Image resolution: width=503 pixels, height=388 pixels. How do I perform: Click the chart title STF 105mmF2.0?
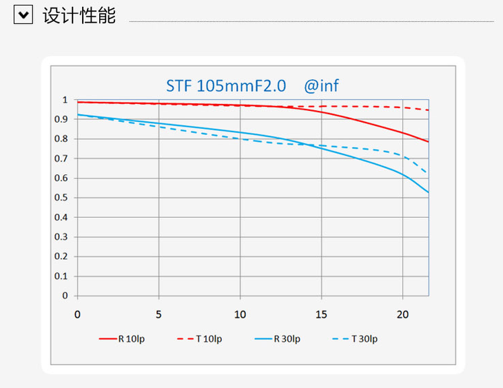227,86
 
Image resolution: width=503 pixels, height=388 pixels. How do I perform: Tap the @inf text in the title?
322,86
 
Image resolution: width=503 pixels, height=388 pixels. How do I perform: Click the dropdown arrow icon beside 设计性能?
23,15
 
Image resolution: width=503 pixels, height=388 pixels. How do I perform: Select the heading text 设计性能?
79,15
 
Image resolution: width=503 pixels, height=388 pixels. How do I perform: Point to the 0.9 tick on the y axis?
62,119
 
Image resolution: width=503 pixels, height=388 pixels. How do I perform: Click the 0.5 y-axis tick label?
62,198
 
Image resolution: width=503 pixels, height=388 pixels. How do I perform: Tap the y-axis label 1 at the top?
65,100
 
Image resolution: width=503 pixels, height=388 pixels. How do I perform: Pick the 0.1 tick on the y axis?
62,276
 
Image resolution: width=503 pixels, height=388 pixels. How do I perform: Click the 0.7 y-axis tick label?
62,159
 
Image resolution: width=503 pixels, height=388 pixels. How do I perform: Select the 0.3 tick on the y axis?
62,236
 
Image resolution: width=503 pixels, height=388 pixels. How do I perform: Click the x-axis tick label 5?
159,315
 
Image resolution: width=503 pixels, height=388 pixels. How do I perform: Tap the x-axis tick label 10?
240,315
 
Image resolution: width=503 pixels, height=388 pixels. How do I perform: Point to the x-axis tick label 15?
321,315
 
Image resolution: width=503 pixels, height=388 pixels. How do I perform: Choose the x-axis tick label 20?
402,315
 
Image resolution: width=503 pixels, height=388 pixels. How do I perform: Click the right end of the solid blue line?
428,192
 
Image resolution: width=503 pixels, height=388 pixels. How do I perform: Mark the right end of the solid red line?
428,141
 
